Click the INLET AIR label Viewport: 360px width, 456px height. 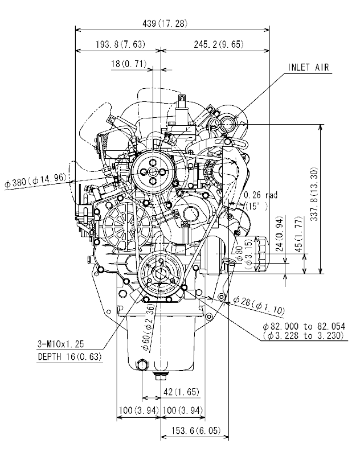tap(308, 67)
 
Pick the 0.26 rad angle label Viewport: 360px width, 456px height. tap(260, 195)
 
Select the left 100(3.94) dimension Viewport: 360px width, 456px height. tap(133, 410)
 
